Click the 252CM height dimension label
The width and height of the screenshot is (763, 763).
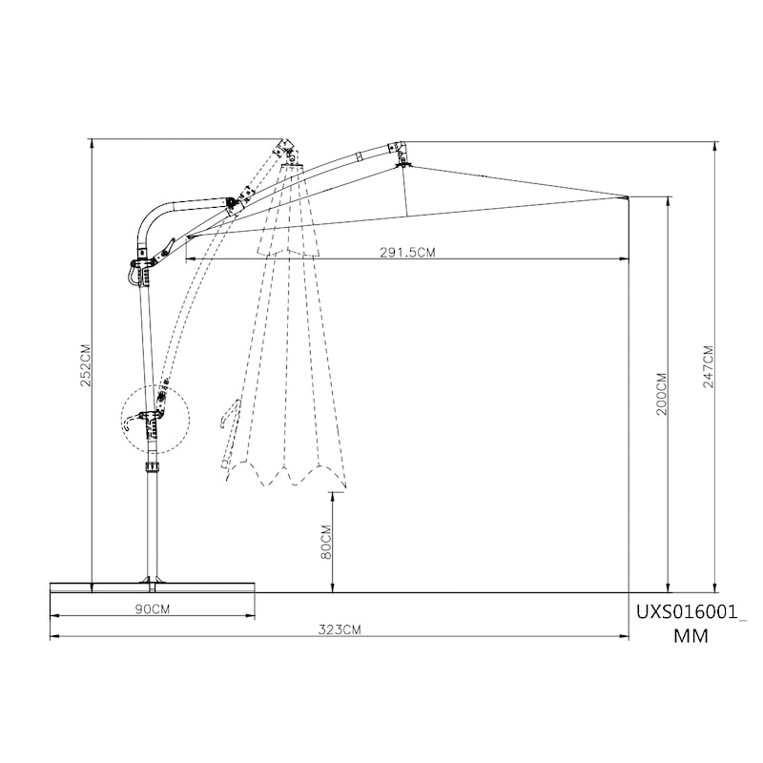click(86, 365)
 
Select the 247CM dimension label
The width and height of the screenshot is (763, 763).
click(708, 366)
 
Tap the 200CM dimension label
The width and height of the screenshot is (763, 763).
click(662, 394)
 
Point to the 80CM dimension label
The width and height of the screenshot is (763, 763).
click(326, 542)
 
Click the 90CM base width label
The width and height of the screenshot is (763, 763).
click(153, 609)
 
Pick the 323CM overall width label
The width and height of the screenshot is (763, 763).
click(340, 629)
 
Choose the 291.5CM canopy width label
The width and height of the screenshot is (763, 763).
click(408, 252)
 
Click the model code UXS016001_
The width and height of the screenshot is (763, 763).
click(691, 611)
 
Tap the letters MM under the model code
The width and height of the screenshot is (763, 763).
click(691, 635)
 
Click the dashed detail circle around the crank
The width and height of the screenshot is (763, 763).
click(155, 385)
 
